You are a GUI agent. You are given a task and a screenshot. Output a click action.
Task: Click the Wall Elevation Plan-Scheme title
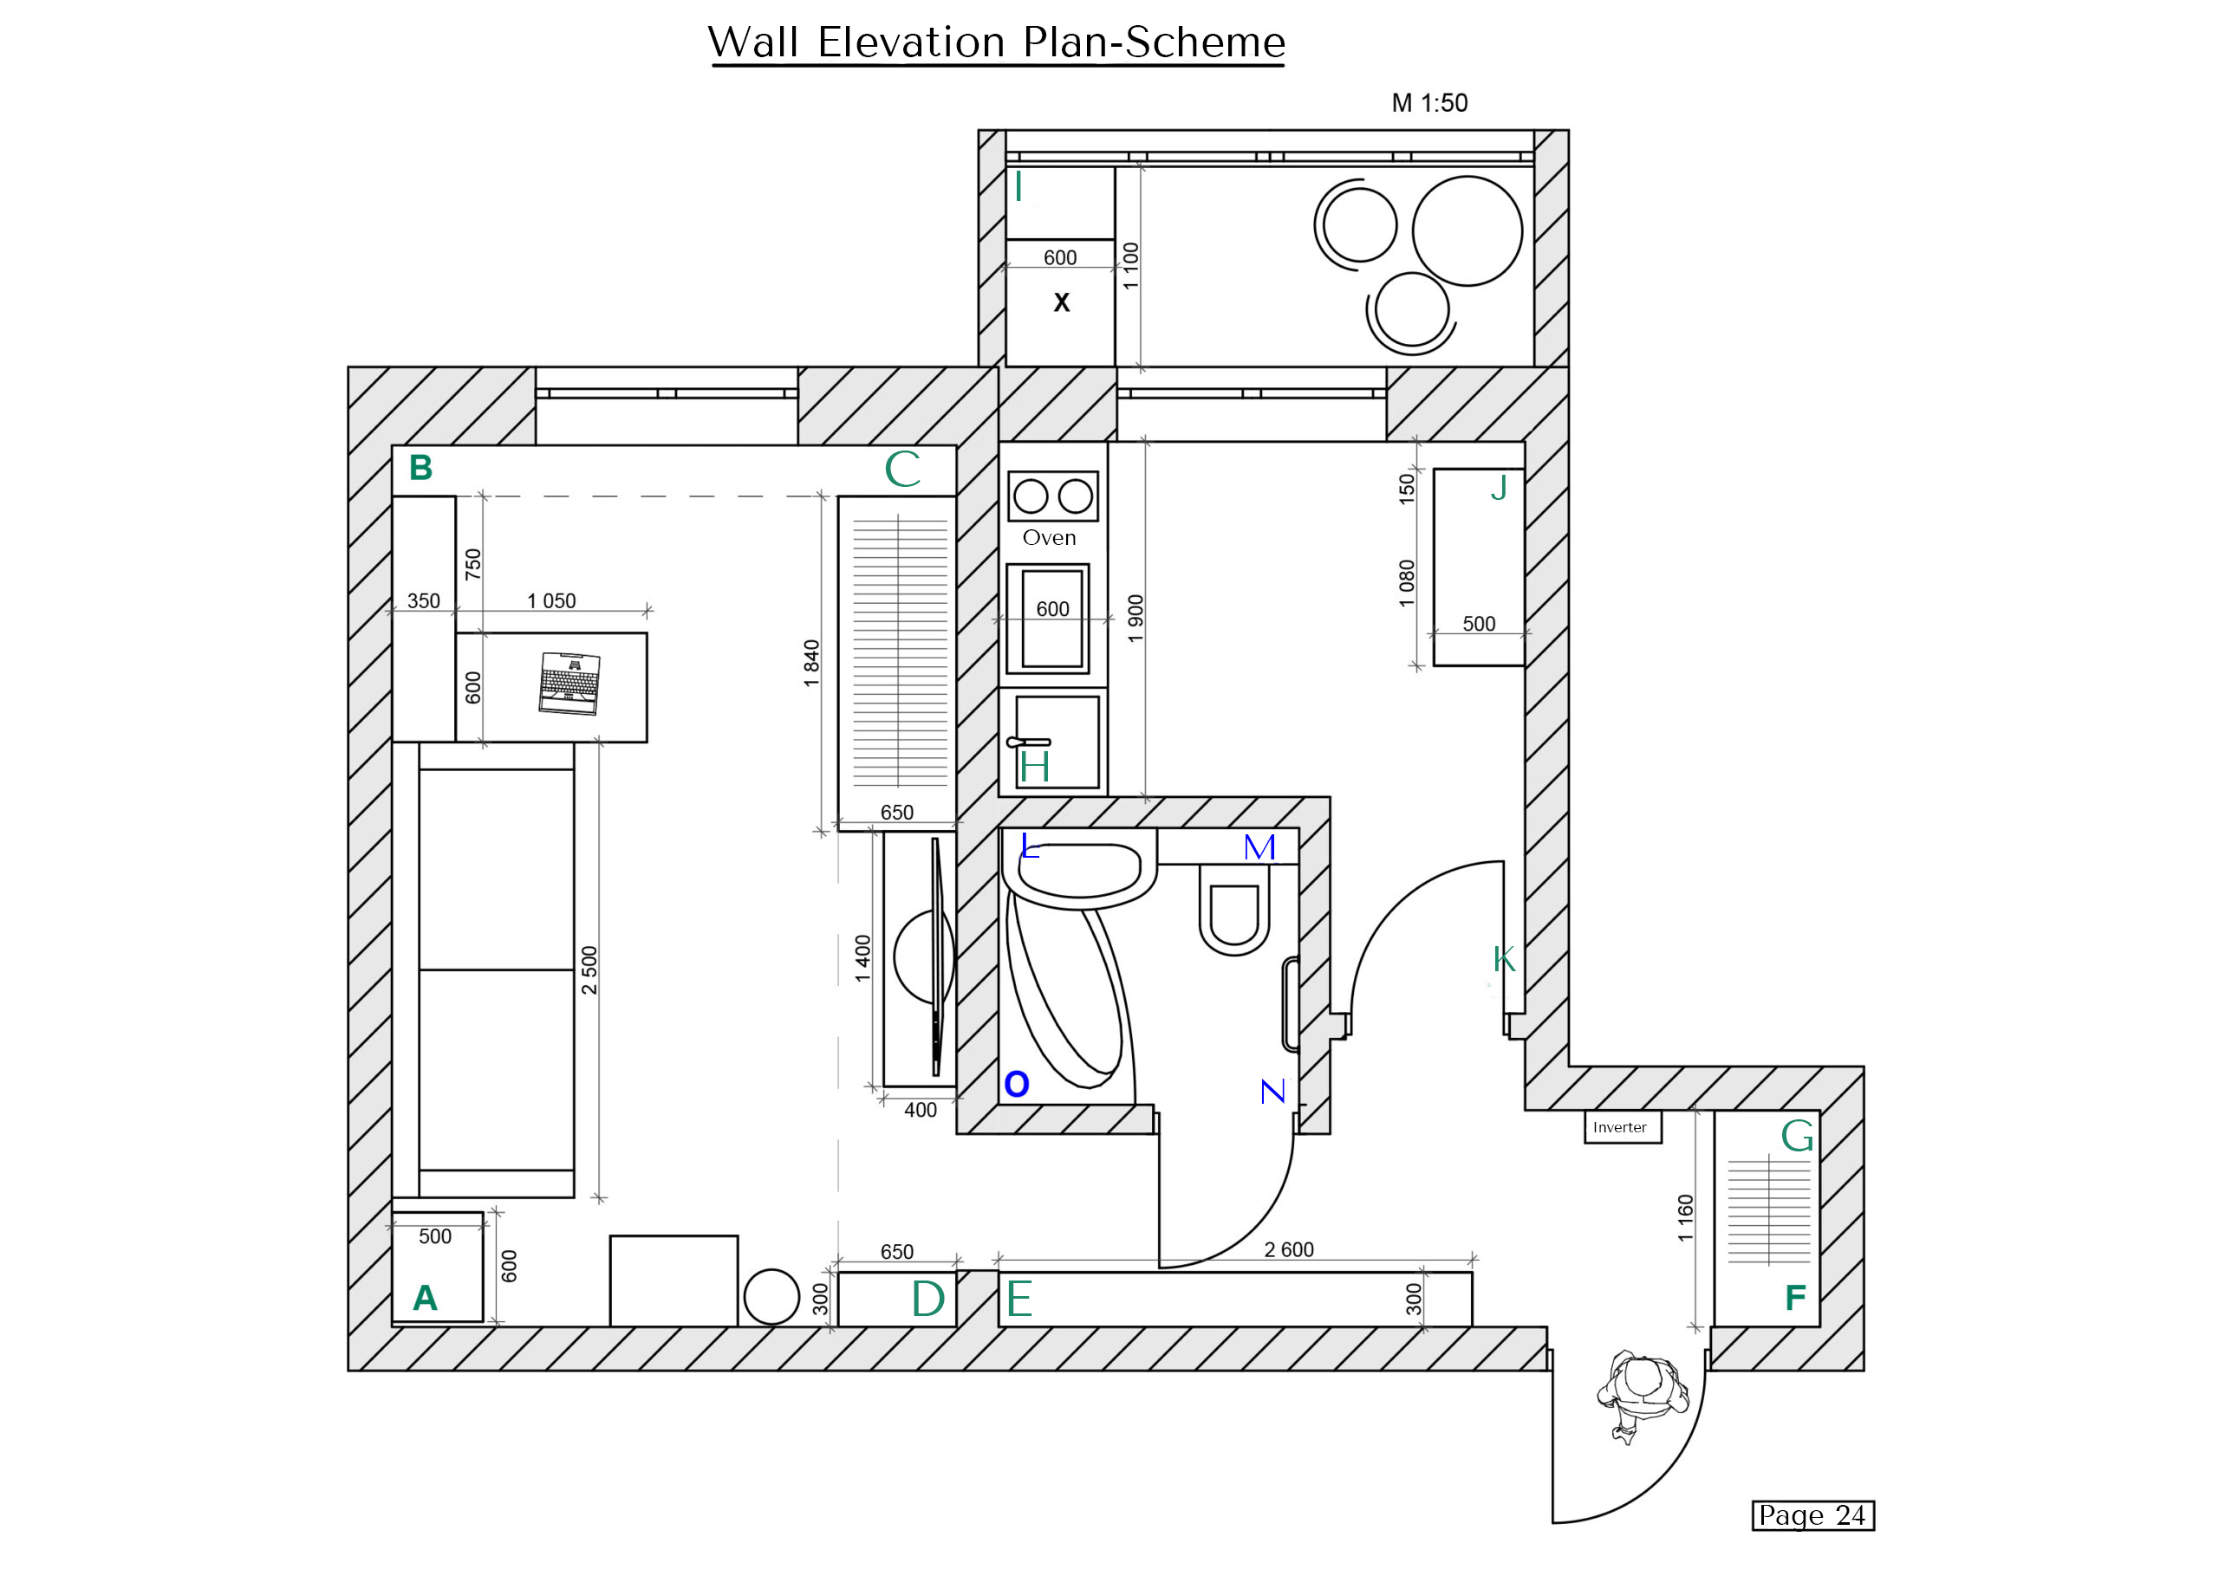tap(997, 43)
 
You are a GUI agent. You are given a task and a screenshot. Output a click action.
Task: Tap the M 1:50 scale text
tap(1429, 103)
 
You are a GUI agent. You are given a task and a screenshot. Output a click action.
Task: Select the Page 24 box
tap(1812, 1515)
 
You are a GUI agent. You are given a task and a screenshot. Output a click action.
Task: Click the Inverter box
tap(1622, 1127)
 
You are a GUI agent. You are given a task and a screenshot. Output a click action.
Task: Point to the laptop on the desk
tap(570, 684)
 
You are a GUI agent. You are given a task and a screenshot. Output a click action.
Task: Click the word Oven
tap(1049, 538)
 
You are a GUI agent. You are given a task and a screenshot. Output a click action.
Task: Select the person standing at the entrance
tap(1641, 1391)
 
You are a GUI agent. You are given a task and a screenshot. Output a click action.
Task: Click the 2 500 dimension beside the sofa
tap(589, 970)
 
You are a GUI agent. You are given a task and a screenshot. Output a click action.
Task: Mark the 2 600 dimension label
tap(1288, 1249)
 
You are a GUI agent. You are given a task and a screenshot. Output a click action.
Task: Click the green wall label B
tap(420, 469)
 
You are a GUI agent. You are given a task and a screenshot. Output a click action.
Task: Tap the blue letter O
tap(1017, 1085)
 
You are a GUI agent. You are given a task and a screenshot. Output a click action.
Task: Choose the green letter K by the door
tap(1504, 959)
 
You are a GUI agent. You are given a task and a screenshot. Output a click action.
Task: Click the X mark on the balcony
tap(1062, 303)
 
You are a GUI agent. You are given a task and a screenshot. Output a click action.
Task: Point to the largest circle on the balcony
tap(1467, 231)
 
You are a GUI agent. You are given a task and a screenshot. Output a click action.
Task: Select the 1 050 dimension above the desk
tap(551, 601)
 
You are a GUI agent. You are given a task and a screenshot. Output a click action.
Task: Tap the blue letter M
tap(1259, 847)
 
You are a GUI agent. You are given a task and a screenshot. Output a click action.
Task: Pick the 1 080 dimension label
tap(1407, 584)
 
